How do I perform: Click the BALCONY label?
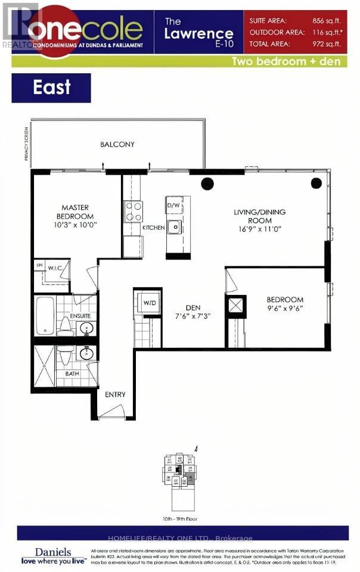(x=117, y=144)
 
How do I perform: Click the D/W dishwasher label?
(x=173, y=206)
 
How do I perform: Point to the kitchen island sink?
(x=174, y=227)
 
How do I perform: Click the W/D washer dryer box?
(x=148, y=303)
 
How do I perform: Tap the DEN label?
(x=192, y=308)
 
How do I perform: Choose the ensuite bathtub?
(x=44, y=316)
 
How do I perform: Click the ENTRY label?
(x=115, y=395)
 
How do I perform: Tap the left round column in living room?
(x=207, y=184)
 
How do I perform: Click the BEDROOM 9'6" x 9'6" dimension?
(x=285, y=309)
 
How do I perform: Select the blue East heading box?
(x=51, y=88)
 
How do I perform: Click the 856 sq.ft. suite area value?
(x=327, y=20)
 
